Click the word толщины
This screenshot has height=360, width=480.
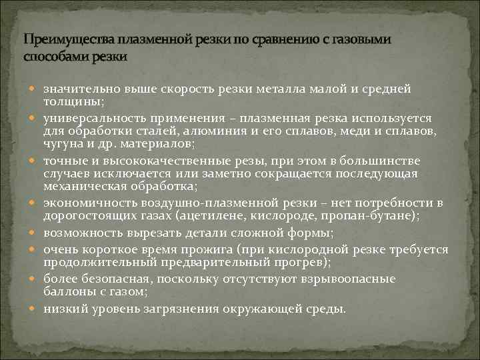tap(72, 100)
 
